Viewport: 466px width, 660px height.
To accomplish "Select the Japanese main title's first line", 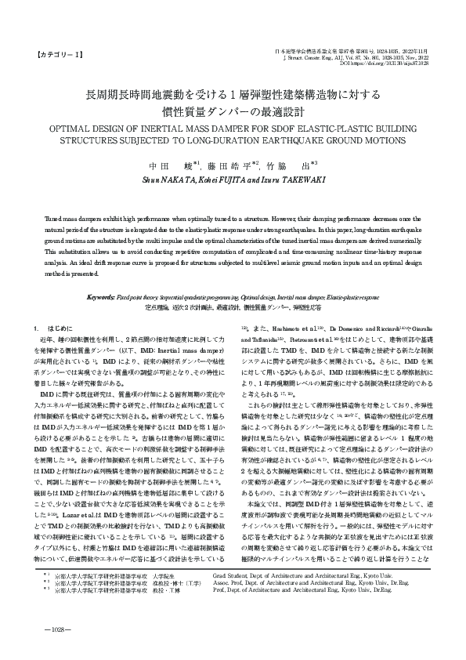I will [233, 95].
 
